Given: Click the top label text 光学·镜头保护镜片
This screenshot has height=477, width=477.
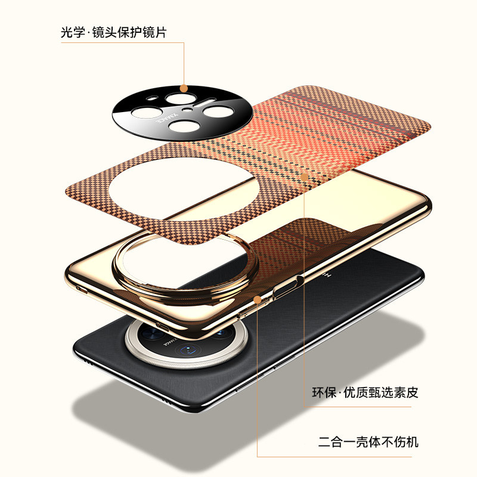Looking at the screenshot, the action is (x=113, y=32).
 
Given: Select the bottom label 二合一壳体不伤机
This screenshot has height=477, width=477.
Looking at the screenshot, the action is (x=368, y=442).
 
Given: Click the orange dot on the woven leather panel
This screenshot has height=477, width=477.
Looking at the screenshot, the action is (x=305, y=176).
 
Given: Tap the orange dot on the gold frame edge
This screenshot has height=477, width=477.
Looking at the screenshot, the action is (x=258, y=299).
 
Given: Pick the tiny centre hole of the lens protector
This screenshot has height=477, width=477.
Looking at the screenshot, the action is (x=187, y=110).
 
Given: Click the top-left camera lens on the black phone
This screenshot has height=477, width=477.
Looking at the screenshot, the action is (x=162, y=327).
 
